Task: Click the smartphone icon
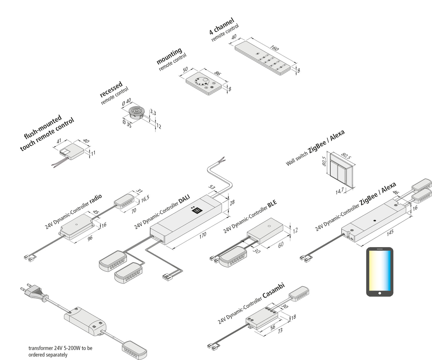pyautogui.click(x=380, y=272)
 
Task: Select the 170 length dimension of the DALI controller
pyautogui.click(x=203, y=235)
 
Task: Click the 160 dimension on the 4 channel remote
pyautogui.click(x=274, y=48)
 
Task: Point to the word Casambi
pyautogui.click(x=273, y=290)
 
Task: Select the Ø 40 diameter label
pyautogui.click(x=126, y=102)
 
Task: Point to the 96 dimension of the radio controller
pyautogui.click(x=90, y=238)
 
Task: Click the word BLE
pyautogui.click(x=272, y=204)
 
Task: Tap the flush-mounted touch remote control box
pyautogui.click(x=72, y=151)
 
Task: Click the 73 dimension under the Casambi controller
pyautogui.click(x=280, y=331)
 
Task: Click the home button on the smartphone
pyautogui.click(x=380, y=293)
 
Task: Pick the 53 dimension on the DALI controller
pyautogui.click(x=212, y=187)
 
